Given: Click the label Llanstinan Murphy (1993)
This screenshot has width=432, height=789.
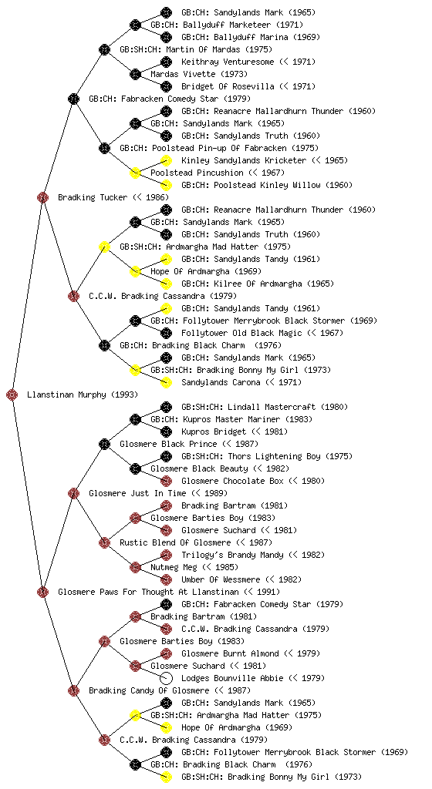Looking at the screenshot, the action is [82, 394].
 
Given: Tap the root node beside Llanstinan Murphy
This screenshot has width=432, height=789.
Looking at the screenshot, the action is [12, 395].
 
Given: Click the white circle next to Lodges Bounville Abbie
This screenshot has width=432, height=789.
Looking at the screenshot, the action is [166, 678].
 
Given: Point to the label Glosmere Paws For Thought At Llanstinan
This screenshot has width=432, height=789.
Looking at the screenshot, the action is [149, 592].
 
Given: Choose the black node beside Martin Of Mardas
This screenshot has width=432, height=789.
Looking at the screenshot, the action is [104, 49].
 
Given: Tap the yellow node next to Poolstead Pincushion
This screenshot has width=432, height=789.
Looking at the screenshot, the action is [135, 173].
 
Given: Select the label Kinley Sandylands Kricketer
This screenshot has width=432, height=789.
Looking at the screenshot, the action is [244, 160].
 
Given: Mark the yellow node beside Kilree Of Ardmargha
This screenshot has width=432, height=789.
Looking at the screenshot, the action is [166, 284].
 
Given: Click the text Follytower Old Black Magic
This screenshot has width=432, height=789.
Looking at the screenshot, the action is [241, 333].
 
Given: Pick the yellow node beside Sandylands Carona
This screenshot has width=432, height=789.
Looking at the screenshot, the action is [166, 382].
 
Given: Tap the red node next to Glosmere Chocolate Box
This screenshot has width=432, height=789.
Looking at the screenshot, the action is [166, 481].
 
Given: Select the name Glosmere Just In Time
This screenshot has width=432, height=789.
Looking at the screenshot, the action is [137, 493].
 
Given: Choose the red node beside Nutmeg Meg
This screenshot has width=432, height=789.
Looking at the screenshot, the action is [135, 567].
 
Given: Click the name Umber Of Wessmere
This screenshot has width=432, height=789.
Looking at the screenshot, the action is [221, 579].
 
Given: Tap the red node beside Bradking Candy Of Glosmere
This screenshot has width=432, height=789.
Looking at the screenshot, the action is [73, 690].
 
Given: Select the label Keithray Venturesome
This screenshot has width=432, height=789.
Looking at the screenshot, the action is [228, 62].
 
